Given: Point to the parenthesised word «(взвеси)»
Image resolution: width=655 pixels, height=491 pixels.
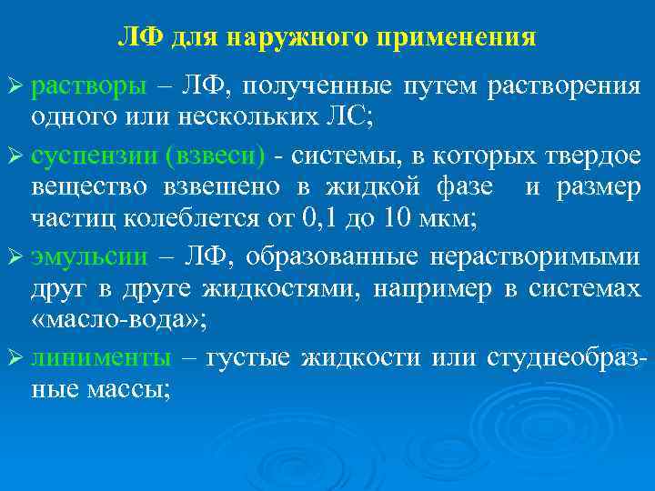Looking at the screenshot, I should (x=215, y=156).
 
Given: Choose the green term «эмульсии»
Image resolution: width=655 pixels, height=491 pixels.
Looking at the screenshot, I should (x=89, y=257).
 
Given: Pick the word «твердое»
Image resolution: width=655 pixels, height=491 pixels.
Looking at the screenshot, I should (x=591, y=156).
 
